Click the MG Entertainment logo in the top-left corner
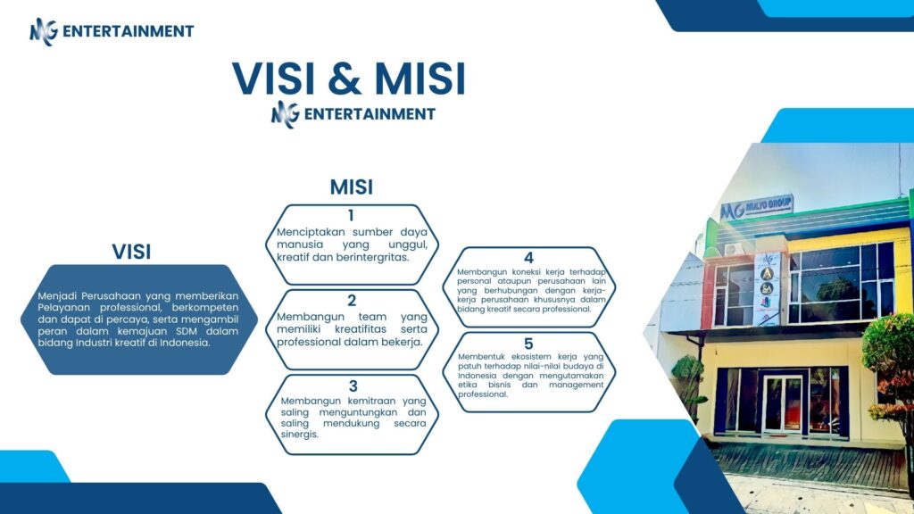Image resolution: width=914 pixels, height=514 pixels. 112,31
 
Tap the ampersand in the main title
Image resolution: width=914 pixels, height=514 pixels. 345,79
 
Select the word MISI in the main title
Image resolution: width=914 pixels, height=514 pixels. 420,79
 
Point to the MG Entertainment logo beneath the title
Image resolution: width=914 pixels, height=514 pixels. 353,113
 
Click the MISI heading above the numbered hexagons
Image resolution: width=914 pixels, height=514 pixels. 352,187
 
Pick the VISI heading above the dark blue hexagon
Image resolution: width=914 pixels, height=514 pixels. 131,252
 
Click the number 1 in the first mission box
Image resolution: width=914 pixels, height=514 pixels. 351,216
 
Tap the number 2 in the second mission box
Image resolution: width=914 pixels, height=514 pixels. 352,301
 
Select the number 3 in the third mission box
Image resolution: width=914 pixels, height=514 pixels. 353,386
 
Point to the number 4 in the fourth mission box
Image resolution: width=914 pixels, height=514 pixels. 528,258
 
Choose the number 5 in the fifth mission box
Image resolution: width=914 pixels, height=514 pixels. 528,344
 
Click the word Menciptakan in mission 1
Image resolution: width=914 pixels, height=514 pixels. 311,232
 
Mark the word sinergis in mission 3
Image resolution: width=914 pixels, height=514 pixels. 300,435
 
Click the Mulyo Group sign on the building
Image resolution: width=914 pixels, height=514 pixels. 757,207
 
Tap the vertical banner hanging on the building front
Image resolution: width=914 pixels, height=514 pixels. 767,288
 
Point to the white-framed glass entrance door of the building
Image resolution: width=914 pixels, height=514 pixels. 783,404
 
